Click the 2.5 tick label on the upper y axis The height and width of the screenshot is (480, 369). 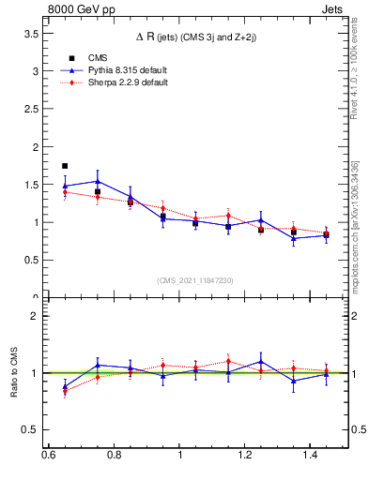[x=30, y=109]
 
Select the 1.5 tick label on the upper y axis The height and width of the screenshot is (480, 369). [x=30, y=185]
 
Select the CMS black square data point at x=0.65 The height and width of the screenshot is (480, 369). [x=65, y=166]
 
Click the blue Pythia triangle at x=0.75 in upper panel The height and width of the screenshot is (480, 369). [x=98, y=181]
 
